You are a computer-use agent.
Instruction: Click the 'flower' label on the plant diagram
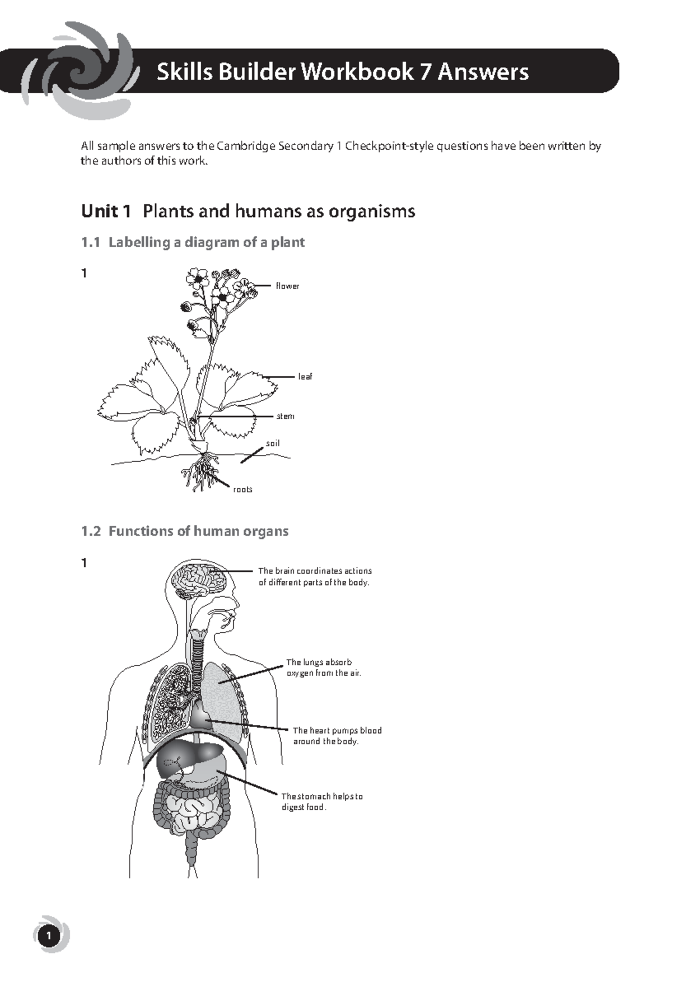(x=288, y=286)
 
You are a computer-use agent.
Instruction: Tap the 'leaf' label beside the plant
(x=305, y=377)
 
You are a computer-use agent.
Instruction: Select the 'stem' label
(x=285, y=416)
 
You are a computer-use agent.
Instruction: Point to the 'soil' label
(x=273, y=443)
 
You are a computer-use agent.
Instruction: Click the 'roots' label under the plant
(x=243, y=489)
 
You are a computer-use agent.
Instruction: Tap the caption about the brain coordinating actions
(x=314, y=577)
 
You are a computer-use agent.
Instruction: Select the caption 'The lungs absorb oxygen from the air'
(x=323, y=668)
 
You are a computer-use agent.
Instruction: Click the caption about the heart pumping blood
(x=337, y=736)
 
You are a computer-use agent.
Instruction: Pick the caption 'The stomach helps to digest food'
(x=321, y=802)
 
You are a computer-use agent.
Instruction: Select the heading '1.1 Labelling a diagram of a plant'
(x=192, y=242)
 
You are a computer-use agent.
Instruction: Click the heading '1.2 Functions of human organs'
(x=184, y=531)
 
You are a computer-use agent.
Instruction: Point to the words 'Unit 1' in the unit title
(x=106, y=211)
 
